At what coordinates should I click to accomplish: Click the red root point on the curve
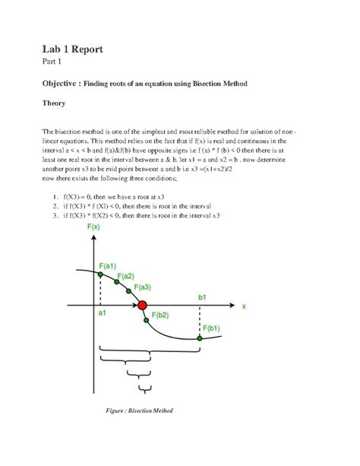[x=141, y=306]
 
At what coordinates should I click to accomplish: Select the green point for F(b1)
[x=200, y=338]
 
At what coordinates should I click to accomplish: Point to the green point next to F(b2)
[x=146, y=320]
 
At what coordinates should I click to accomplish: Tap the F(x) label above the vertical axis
[x=94, y=227]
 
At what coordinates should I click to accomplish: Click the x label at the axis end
[x=244, y=306]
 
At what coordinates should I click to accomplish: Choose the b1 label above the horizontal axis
[x=202, y=296]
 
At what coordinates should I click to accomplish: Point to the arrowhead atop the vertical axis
[x=93, y=238]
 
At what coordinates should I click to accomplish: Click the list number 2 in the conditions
[x=56, y=206]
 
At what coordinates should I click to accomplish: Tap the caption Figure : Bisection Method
[x=139, y=411]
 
